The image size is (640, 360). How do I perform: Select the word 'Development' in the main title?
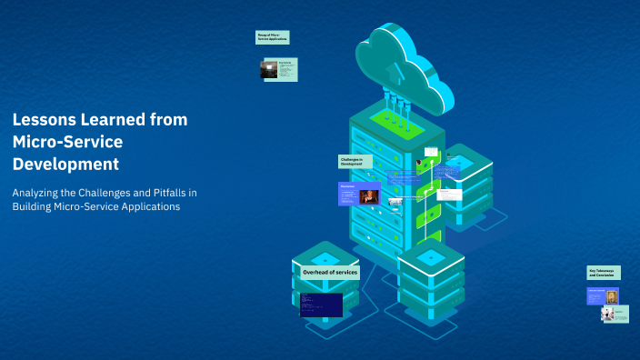coord(65,165)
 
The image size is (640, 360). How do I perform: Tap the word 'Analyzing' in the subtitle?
coord(37,193)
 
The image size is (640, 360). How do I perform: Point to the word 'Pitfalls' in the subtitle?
coord(162,193)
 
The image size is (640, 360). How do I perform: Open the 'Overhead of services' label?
coord(330,272)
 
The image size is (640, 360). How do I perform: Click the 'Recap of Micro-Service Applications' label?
coord(273,37)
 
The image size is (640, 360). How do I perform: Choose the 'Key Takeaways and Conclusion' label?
coord(604,273)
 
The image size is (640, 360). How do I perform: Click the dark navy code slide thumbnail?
coord(321,305)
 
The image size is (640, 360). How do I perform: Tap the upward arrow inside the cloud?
coord(391,71)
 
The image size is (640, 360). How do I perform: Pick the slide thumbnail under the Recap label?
coord(280,70)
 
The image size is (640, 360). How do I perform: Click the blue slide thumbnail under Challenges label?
coord(359,194)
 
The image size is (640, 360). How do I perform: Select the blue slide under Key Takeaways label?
coord(603,296)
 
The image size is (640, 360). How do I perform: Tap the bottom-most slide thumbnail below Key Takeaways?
coord(615,314)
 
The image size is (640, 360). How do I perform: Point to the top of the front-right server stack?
coord(431,257)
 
